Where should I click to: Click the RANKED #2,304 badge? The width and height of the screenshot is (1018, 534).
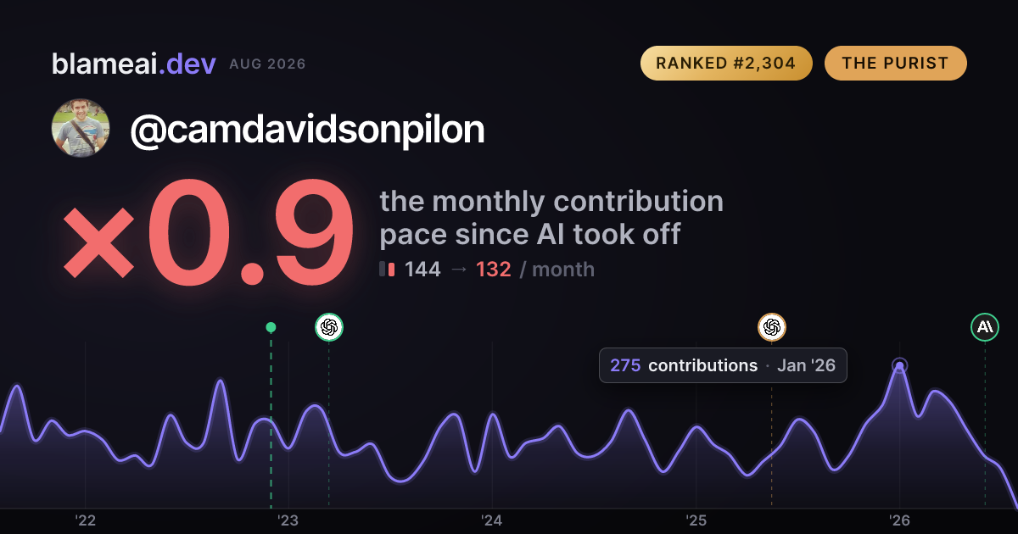(x=726, y=63)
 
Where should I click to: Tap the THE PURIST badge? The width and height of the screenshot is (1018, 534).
(x=895, y=63)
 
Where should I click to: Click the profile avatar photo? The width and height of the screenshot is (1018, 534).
(x=81, y=128)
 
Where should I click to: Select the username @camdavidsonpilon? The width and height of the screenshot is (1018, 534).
(x=307, y=130)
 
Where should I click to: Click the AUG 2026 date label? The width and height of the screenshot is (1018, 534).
(x=267, y=64)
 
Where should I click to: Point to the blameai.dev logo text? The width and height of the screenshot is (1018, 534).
(x=134, y=64)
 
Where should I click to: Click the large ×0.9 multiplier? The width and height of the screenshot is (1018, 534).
(x=209, y=231)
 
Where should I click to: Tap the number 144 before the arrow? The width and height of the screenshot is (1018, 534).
(x=422, y=270)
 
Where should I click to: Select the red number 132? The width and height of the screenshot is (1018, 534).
(x=494, y=270)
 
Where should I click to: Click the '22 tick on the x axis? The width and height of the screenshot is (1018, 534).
(x=85, y=520)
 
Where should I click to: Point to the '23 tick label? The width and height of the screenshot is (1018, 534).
(x=288, y=520)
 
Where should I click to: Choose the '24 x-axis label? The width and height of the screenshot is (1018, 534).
(x=492, y=520)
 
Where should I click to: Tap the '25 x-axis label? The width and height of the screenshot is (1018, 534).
(x=696, y=520)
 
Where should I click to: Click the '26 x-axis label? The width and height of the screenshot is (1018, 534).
(x=899, y=520)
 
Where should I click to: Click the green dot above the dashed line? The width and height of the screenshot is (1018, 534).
(x=271, y=327)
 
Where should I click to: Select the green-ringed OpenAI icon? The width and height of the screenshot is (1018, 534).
(x=329, y=327)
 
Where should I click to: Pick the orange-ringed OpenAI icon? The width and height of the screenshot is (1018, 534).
(x=772, y=327)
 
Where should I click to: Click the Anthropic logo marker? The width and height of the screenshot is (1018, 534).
(x=985, y=327)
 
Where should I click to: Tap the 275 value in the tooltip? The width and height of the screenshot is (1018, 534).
(x=625, y=365)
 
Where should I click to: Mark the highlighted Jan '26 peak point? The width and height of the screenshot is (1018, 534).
(x=899, y=365)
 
